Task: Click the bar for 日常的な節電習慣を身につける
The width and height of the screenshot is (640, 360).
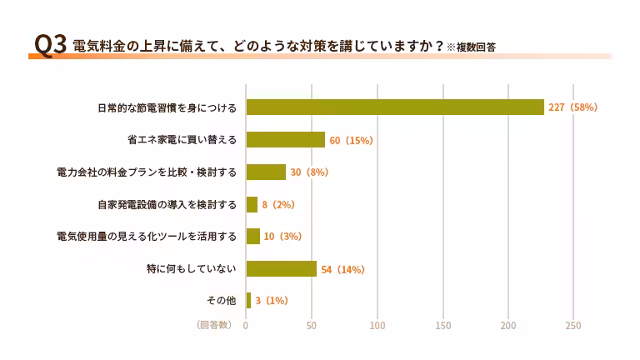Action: click(x=395, y=107)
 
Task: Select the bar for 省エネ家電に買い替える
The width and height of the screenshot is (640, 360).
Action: click(x=285, y=140)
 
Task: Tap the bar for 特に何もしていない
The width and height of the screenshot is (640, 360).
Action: click(x=281, y=268)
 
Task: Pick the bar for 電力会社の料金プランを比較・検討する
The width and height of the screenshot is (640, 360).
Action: click(x=266, y=172)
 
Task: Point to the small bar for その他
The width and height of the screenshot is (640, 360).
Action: click(x=248, y=300)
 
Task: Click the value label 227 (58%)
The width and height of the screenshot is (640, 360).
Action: click(x=573, y=107)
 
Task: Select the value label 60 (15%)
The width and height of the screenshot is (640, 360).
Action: click(x=351, y=140)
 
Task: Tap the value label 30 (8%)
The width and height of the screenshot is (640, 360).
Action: click(x=309, y=172)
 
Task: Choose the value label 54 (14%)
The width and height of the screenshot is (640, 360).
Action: click(x=343, y=269)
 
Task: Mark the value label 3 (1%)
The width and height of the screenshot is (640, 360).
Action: click(x=272, y=300)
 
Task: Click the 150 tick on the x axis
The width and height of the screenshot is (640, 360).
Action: click(x=443, y=325)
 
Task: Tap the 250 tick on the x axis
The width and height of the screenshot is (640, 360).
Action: click(x=573, y=325)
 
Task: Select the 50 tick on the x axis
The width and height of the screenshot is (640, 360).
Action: click(x=312, y=325)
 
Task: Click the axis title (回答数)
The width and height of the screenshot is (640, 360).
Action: click(x=214, y=325)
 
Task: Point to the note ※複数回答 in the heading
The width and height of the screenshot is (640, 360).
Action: click(x=471, y=47)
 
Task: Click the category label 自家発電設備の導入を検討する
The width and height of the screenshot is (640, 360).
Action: click(x=167, y=204)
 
